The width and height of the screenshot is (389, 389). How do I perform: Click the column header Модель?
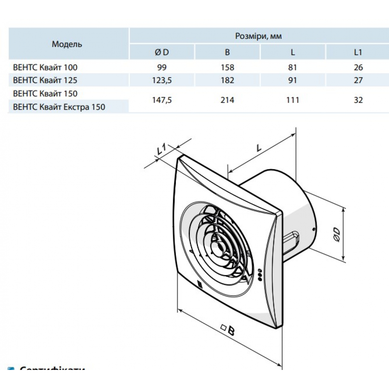point(67,44)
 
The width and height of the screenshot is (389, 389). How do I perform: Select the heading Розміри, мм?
point(258,36)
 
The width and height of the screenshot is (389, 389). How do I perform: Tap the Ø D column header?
point(161,52)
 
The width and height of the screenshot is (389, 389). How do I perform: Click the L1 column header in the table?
point(358,52)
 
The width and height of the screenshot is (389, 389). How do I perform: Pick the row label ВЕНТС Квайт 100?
point(45,67)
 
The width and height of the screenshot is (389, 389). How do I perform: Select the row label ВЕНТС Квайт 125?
point(45,81)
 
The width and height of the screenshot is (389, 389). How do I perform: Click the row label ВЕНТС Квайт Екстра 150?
point(59,107)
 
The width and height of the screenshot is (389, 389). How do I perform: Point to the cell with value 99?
point(161,67)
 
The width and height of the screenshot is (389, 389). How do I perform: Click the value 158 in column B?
point(227,67)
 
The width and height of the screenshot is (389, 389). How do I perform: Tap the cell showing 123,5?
point(161,81)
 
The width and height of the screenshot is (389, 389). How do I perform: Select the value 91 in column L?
point(293,81)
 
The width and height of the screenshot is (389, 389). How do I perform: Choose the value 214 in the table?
point(227,100)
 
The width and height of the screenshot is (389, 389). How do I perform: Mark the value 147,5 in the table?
point(161,100)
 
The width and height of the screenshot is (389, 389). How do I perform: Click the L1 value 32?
point(358,100)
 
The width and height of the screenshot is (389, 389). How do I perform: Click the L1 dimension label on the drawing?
point(161,149)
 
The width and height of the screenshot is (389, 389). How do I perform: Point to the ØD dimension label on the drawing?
point(337,235)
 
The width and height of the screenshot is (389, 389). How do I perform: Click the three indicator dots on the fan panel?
point(260,273)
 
